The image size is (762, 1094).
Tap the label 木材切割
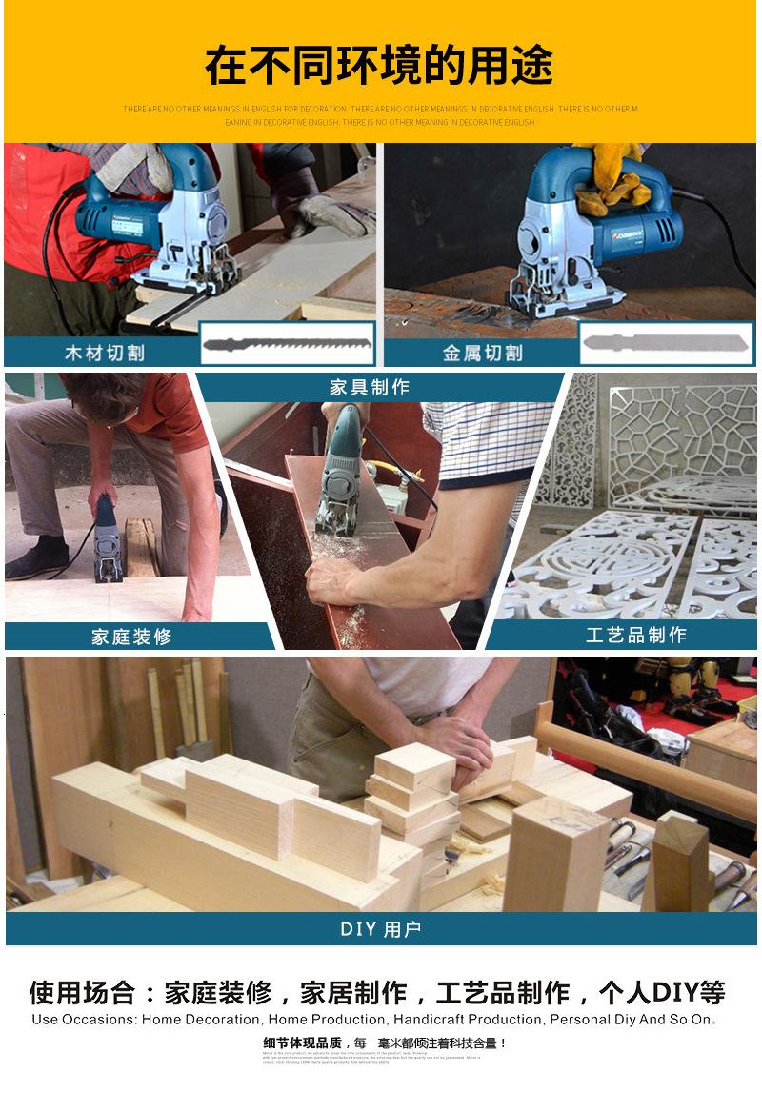tap(105, 353)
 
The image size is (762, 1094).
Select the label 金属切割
tap(483, 353)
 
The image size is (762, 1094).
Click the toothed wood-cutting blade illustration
tap(287, 343)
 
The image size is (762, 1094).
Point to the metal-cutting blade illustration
tap(666, 343)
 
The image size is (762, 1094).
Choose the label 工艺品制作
tap(636, 635)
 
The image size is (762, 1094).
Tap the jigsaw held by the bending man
tap(107, 543)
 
